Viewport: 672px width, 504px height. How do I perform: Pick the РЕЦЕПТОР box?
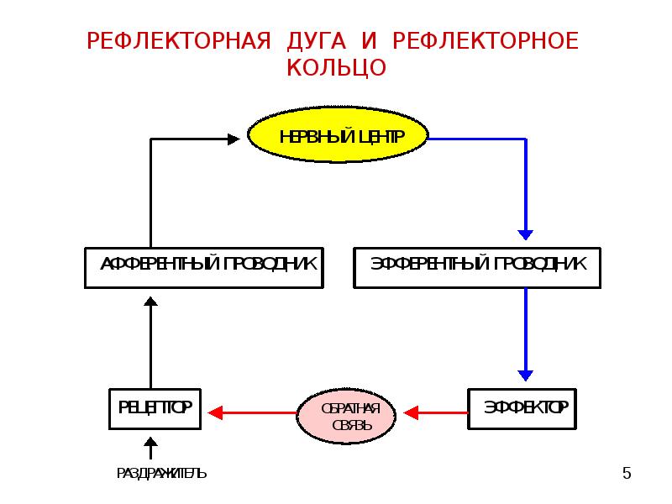[151, 410]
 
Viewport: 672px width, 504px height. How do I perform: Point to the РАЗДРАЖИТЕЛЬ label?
[161, 474]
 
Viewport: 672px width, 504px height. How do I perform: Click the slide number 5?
[626, 475]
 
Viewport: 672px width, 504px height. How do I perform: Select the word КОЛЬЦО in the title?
[336, 68]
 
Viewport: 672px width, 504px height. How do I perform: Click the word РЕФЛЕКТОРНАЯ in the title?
[179, 42]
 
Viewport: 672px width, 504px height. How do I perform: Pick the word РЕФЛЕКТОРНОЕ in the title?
[486, 42]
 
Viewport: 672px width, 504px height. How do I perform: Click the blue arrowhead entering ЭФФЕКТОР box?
[526, 375]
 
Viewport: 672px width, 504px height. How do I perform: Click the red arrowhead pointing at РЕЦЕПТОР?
[215, 412]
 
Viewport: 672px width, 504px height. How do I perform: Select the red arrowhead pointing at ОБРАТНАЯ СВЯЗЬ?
[411, 412]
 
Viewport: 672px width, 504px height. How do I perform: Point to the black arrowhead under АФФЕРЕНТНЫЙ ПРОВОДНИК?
[150, 302]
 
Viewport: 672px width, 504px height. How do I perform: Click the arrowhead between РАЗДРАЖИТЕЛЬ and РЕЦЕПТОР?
[150, 443]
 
